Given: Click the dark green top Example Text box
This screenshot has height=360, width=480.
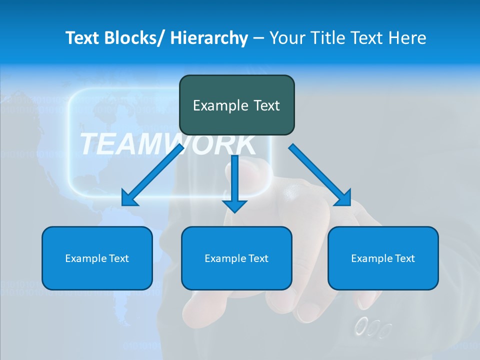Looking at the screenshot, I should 236,105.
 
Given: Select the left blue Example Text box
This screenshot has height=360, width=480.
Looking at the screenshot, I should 97,258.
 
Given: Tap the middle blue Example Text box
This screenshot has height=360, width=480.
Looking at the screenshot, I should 236,258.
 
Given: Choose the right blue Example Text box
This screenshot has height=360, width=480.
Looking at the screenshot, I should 383,258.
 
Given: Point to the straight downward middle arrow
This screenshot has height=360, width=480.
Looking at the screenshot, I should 234,180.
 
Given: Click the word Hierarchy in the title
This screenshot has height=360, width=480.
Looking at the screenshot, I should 209,38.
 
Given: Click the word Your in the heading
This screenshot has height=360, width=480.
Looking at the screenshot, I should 286,38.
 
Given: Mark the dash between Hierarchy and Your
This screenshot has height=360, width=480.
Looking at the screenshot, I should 258,38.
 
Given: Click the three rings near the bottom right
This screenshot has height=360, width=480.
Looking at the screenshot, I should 372,328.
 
